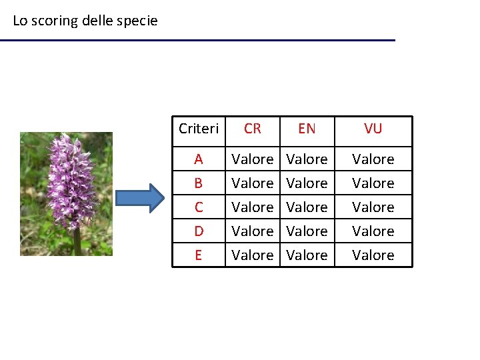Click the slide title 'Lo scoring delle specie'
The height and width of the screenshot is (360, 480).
(85, 21)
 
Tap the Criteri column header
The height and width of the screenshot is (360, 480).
(199, 129)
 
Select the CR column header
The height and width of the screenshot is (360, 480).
(253, 129)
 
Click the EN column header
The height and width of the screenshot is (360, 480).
(307, 129)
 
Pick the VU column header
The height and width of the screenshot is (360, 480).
(373, 129)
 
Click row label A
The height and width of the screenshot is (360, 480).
(199, 159)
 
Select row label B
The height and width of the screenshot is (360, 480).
(199, 183)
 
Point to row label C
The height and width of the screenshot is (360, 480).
(199, 207)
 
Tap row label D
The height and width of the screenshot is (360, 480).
(199, 231)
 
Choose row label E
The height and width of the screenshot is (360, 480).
(199, 255)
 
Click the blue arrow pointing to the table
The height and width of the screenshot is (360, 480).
(139, 198)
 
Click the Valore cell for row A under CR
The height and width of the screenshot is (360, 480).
(253, 159)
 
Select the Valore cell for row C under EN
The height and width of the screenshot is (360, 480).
(307, 207)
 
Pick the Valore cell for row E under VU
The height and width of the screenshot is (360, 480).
(373, 255)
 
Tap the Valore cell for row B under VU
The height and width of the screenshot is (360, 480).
(373, 183)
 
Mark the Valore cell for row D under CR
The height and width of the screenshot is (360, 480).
(253, 231)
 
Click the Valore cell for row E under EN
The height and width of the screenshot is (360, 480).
(307, 255)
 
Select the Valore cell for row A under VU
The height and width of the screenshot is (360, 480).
(373, 159)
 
